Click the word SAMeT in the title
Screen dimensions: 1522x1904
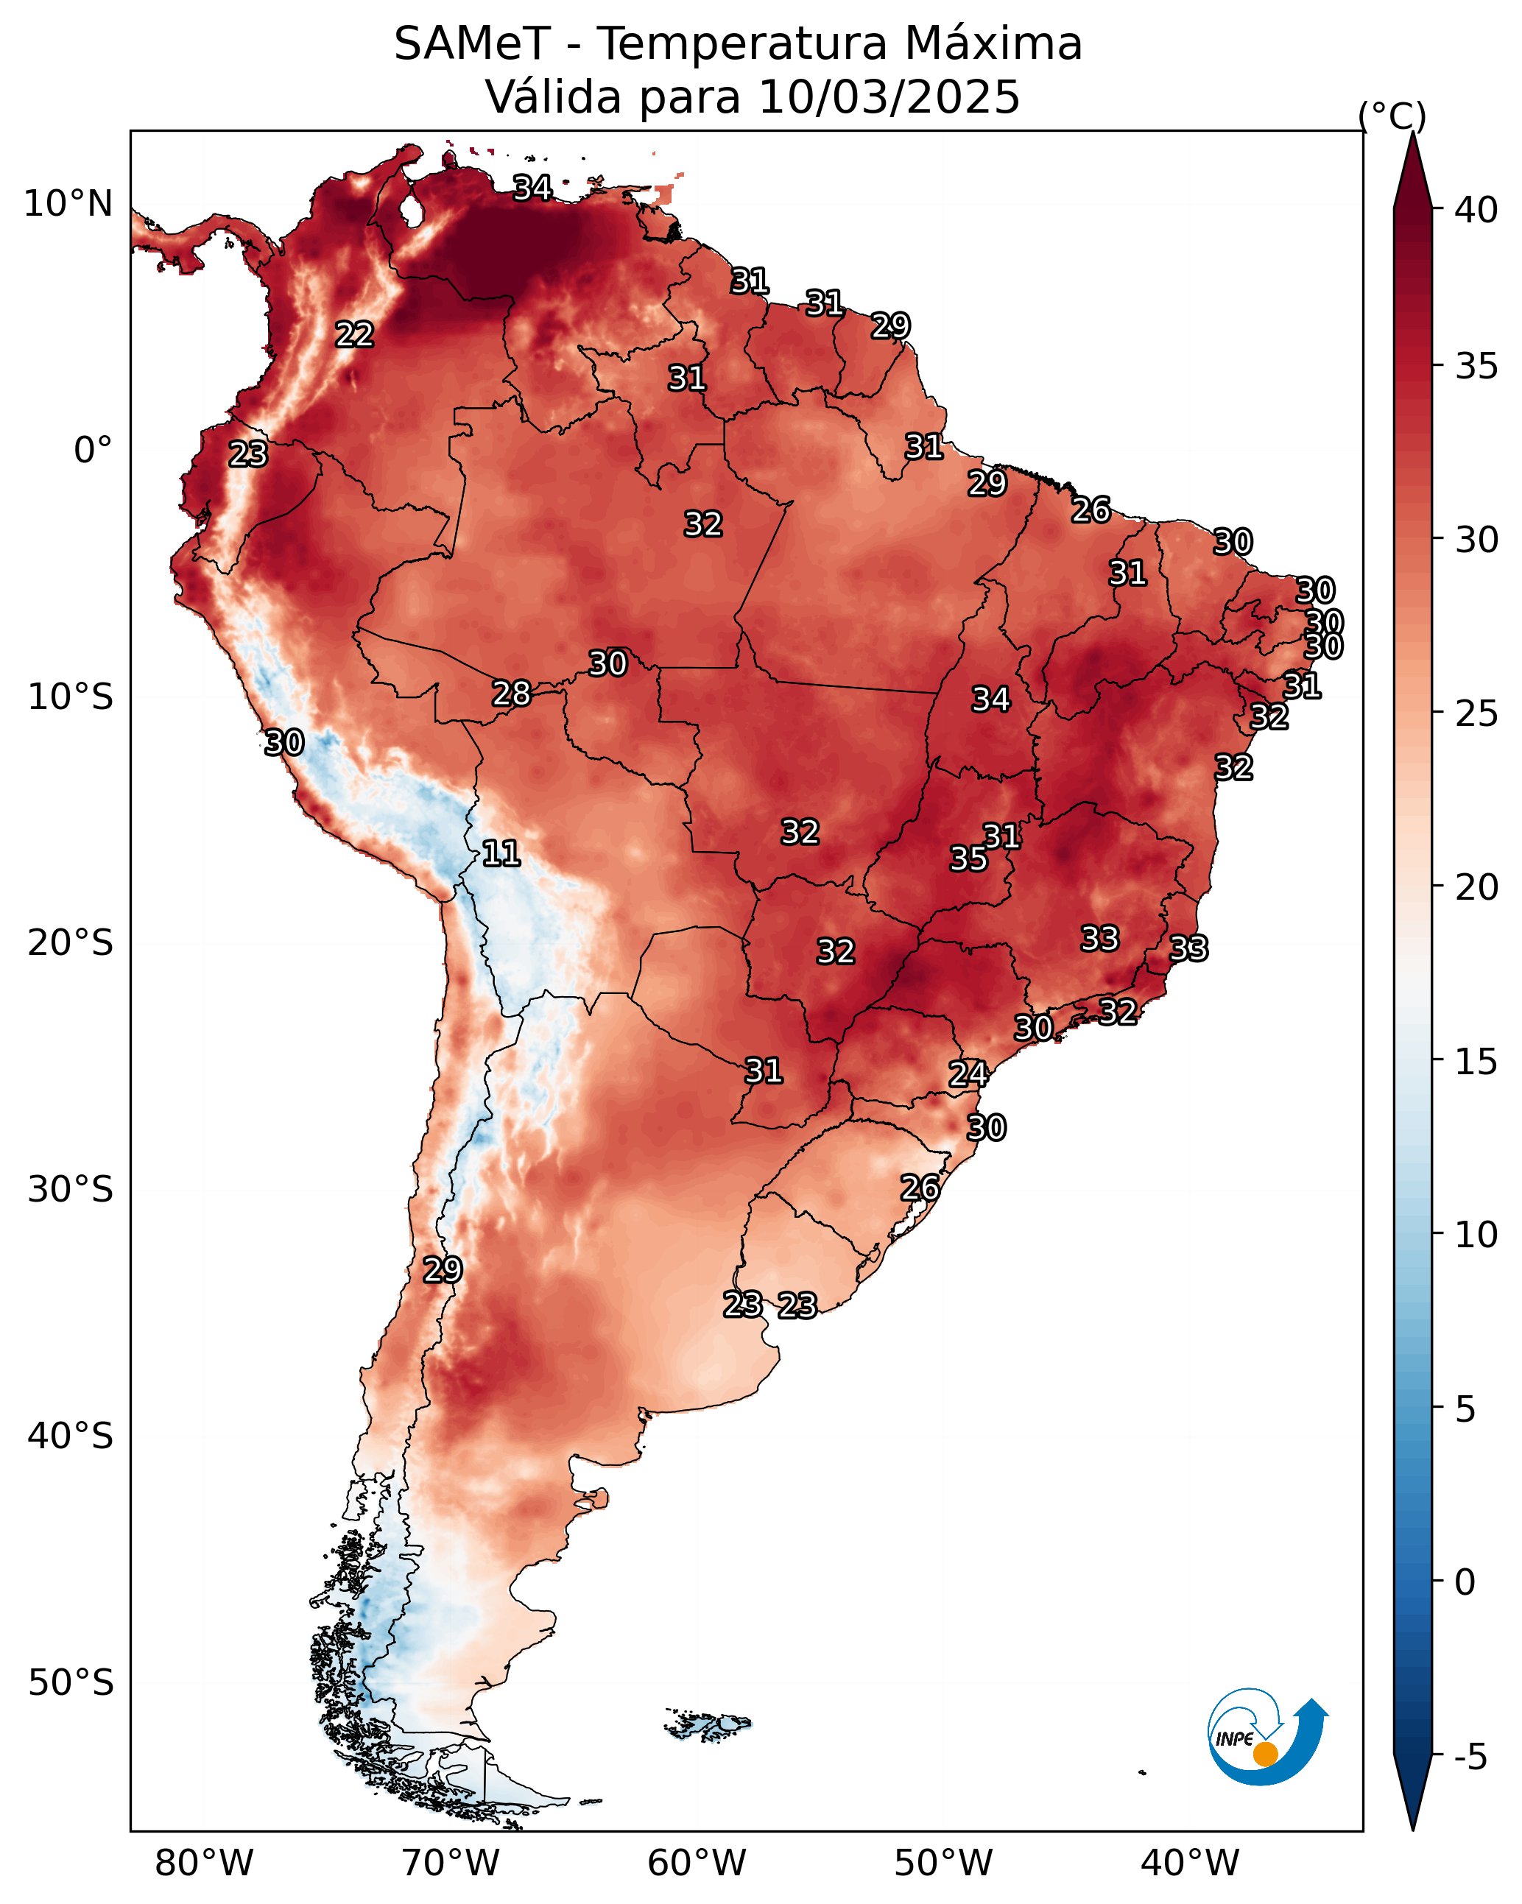(472, 44)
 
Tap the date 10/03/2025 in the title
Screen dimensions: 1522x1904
(889, 97)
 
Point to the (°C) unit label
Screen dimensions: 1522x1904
(1391, 116)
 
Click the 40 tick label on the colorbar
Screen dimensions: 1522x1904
(1476, 210)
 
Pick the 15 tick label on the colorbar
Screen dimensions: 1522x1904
(1476, 1062)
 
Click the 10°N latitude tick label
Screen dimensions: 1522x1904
(68, 204)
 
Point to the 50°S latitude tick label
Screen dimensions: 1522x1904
(71, 1683)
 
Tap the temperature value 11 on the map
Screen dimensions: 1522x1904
(501, 853)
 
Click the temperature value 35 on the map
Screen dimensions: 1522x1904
(968, 858)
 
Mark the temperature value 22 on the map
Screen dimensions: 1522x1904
(354, 335)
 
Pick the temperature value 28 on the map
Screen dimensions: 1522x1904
(512, 694)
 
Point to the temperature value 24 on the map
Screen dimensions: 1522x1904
(968, 1074)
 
